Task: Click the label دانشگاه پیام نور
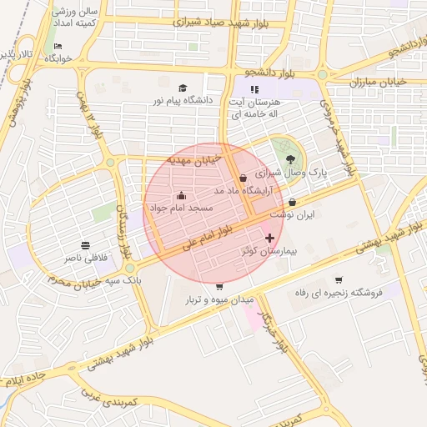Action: pyautogui.click(x=181, y=99)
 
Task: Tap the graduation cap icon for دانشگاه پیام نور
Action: pyautogui.click(x=183, y=88)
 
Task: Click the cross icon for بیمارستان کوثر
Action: pyautogui.click(x=269, y=239)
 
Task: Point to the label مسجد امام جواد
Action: pyautogui.click(x=181, y=206)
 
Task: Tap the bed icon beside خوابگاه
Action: pyautogui.click(x=57, y=47)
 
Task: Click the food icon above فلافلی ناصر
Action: pyautogui.click(x=86, y=246)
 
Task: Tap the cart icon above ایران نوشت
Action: pyautogui.click(x=292, y=203)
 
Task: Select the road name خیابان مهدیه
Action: pyautogui.click(x=193, y=158)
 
